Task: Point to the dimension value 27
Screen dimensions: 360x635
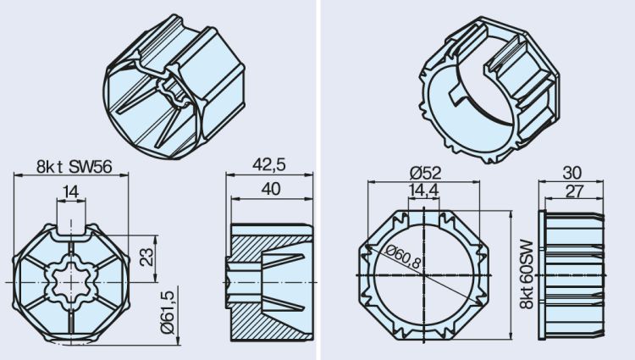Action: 573,192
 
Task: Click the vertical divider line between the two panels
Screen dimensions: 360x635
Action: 317,180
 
